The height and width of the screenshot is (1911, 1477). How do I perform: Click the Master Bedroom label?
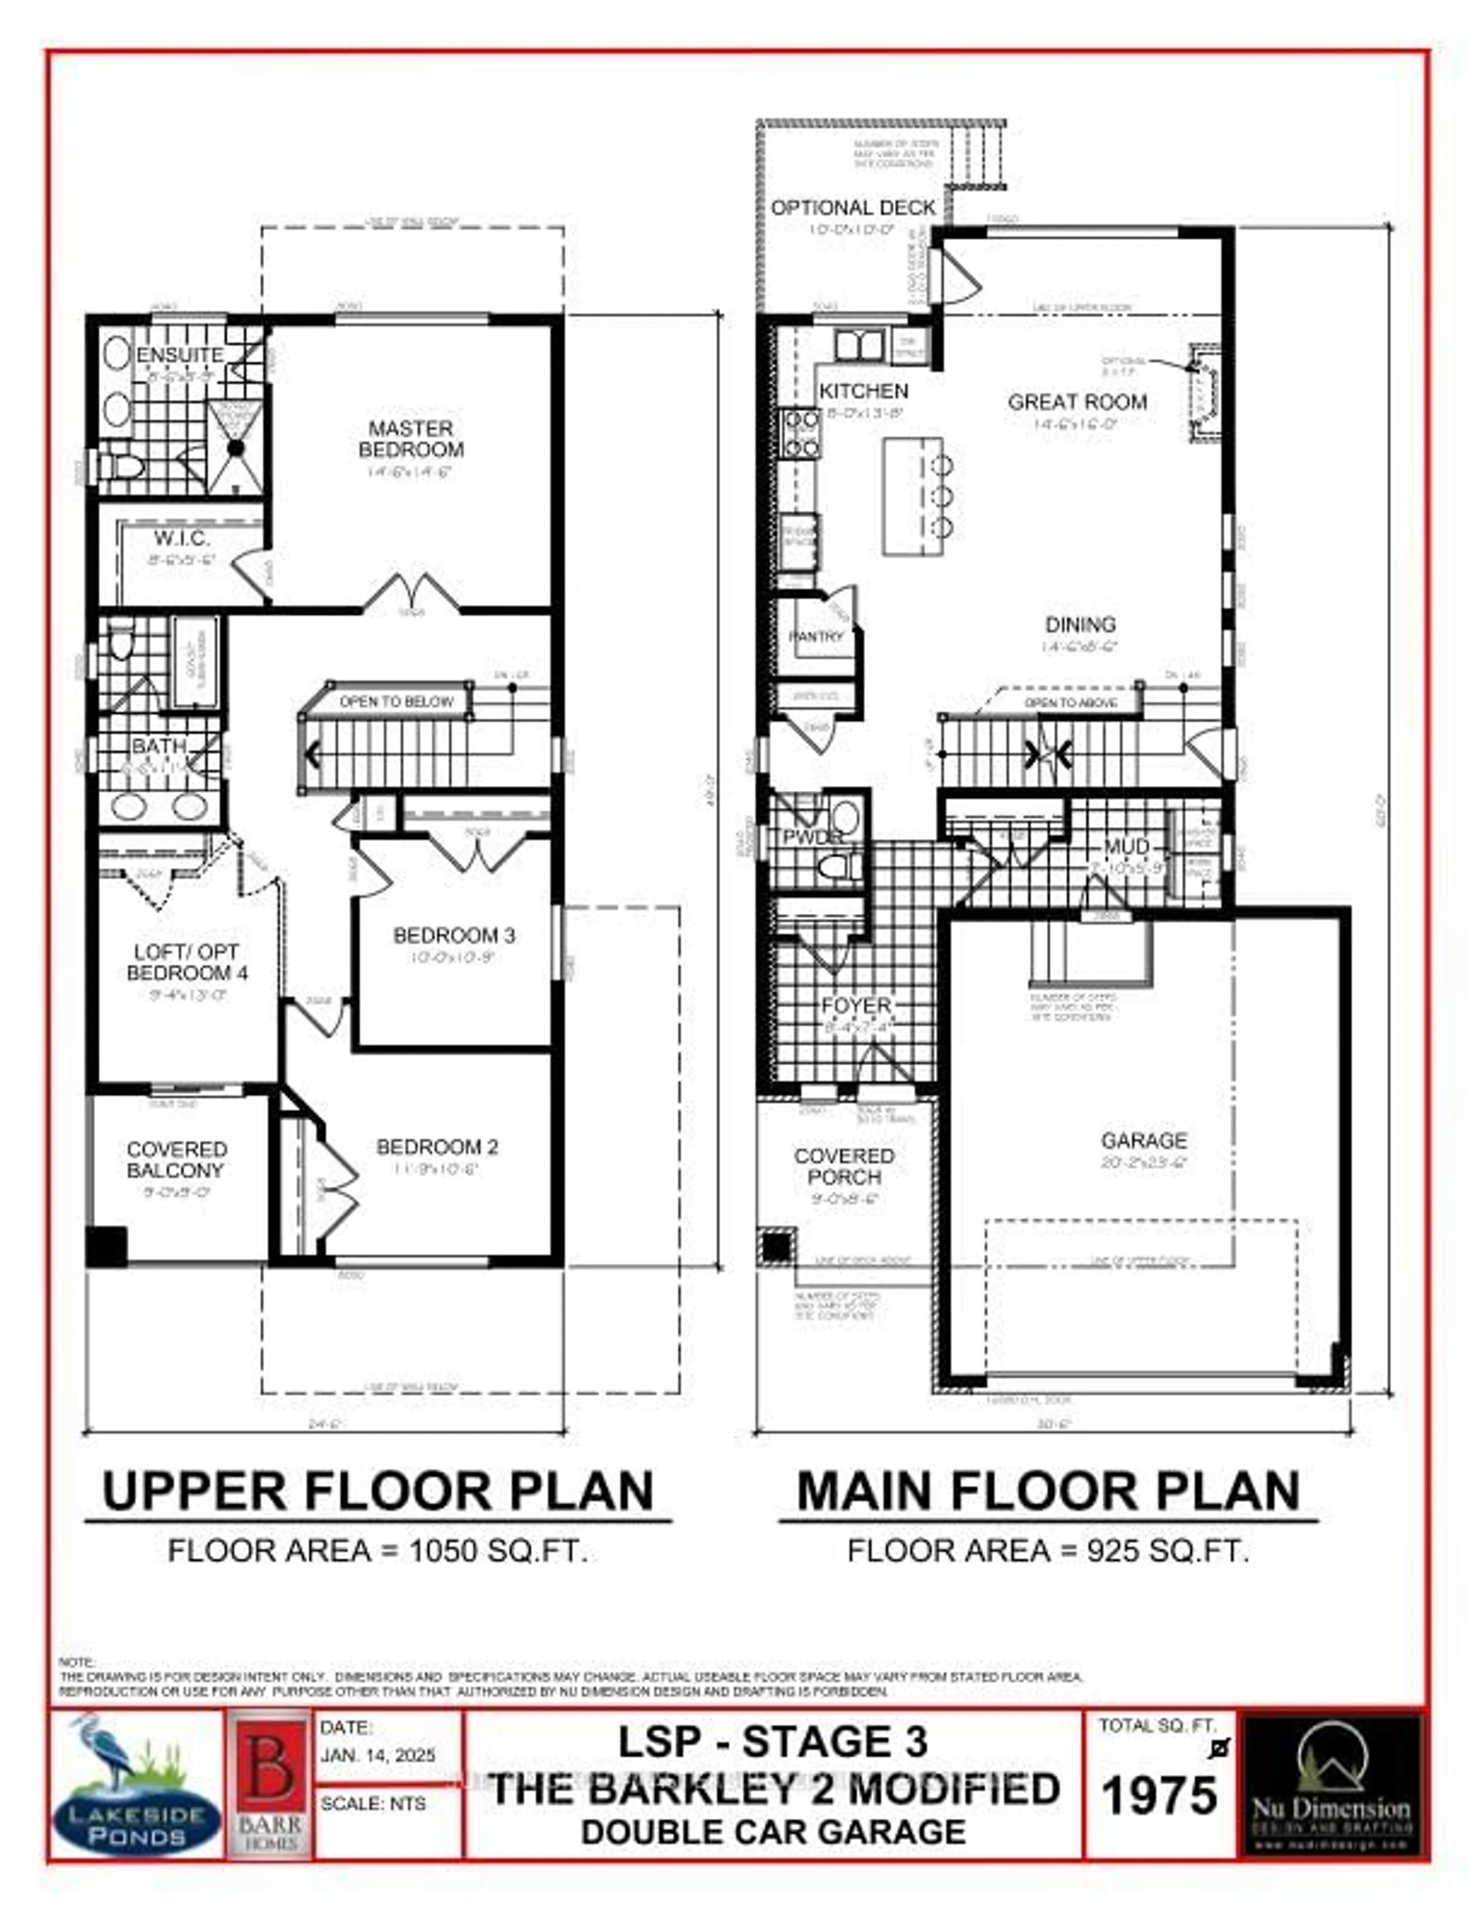click(410, 439)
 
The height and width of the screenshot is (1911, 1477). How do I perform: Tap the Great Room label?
click(1077, 403)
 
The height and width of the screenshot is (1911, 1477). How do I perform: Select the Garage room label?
click(1144, 1141)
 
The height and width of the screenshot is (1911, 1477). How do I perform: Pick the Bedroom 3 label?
click(454, 935)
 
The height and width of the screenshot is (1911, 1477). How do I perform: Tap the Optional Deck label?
click(853, 208)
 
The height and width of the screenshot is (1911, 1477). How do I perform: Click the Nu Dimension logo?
click(1332, 1785)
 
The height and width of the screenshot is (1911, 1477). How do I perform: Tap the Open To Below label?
click(397, 702)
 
